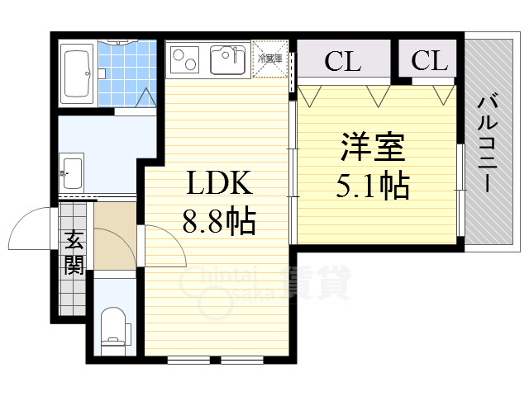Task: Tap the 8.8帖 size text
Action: click(x=218, y=220)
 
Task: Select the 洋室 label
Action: click(x=372, y=149)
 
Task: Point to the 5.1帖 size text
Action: click(x=372, y=186)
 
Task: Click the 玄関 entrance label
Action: click(x=74, y=253)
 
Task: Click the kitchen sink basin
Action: click(x=226, y=59)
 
